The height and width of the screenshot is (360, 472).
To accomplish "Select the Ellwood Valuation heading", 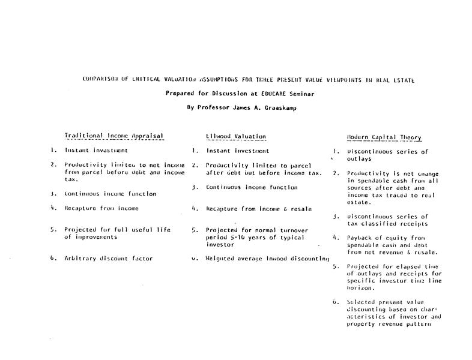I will [235, 136].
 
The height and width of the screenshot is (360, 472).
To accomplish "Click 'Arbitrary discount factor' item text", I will [109, 259].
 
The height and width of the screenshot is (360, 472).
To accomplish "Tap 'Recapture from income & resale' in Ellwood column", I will [259, 208].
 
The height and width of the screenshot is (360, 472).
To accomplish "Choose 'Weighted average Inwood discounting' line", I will [267, 259].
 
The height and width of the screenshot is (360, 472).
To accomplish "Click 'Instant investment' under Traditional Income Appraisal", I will [96, 151].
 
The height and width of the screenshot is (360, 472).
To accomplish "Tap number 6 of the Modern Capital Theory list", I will [335, 302].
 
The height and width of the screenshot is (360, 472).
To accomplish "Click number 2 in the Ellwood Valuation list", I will [195, 165].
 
